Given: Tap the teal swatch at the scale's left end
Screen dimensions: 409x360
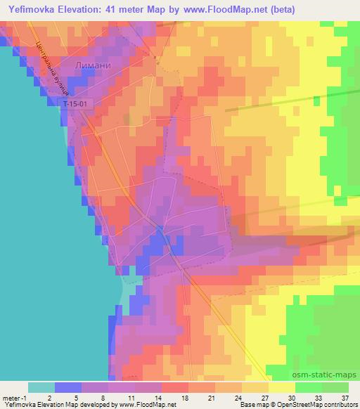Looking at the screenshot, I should [41, 387].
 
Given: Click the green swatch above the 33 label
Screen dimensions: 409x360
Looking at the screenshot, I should [309, 387].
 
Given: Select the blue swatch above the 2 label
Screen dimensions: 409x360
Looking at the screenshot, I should [68, 387].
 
